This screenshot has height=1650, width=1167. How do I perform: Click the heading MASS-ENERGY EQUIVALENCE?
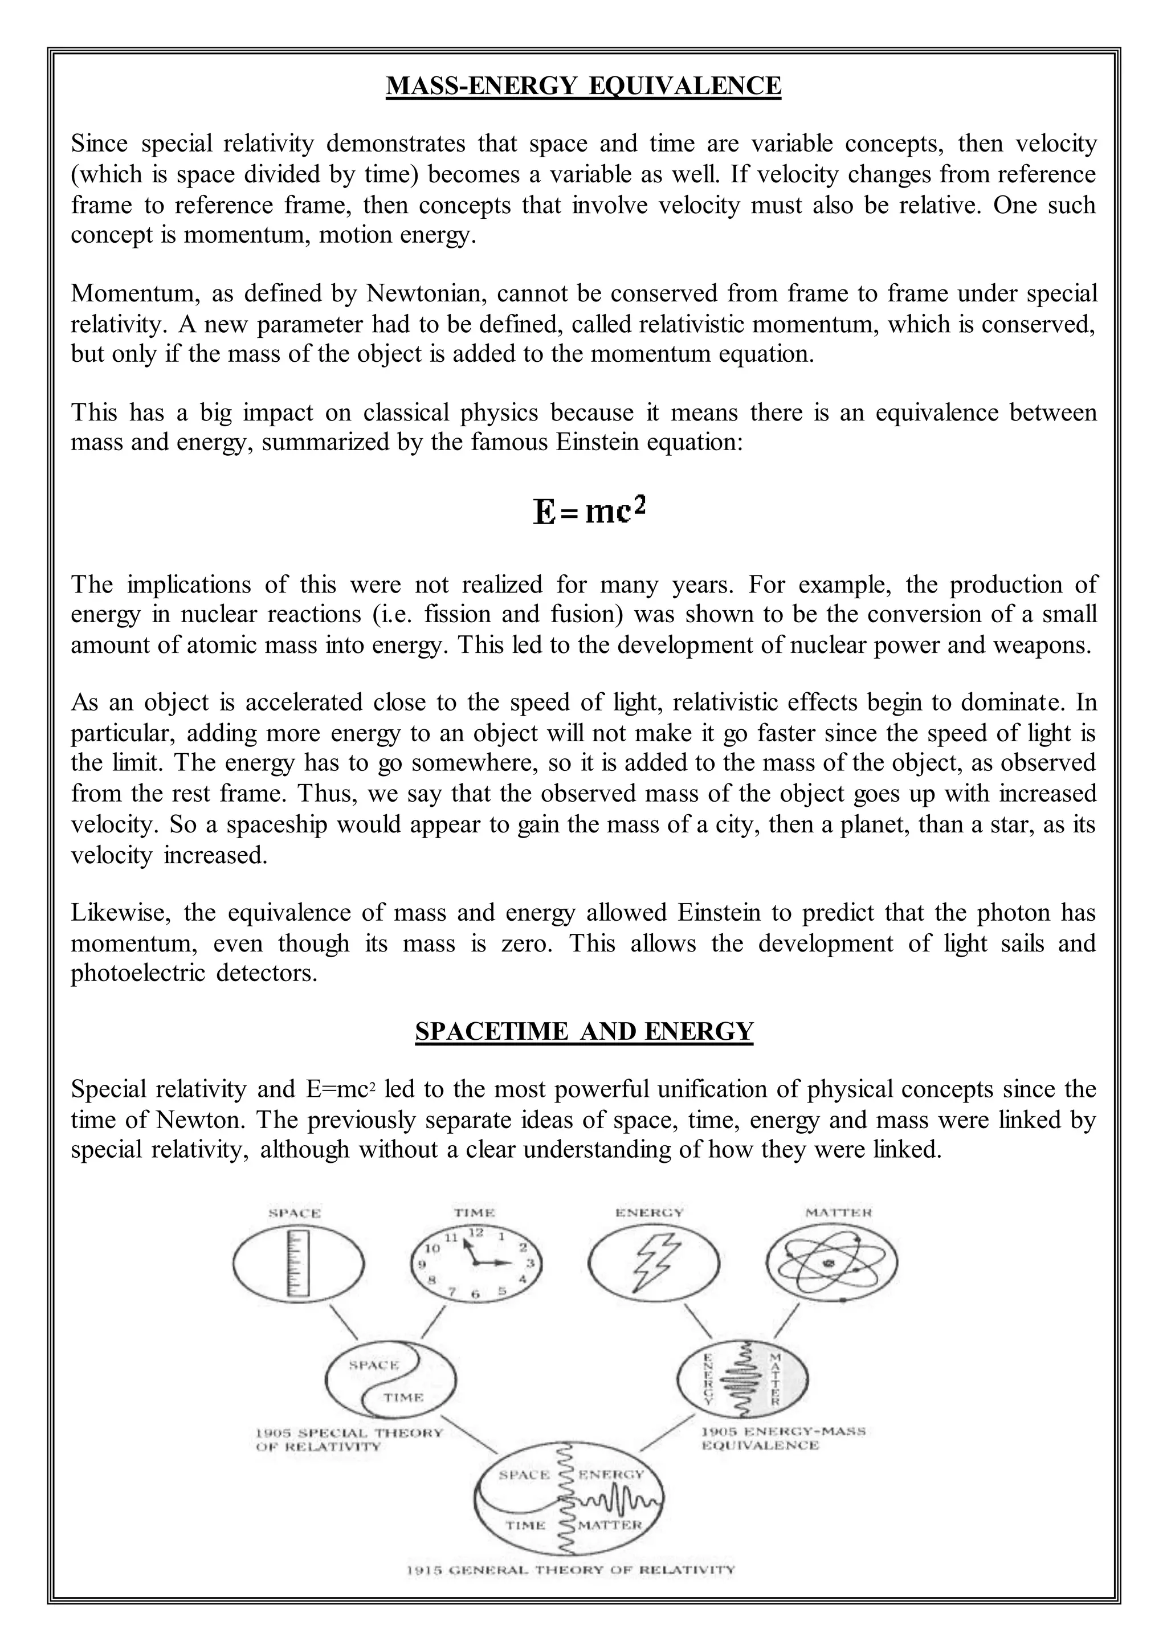[583, 85]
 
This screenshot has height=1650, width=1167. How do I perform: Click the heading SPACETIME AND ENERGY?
[583, 1031]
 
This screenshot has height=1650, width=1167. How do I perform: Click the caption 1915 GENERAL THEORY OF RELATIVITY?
[570, 1590]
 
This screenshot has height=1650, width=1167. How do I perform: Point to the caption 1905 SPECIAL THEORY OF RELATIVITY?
[349, 1439]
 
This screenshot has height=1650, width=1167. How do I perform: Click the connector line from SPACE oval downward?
[343, 1319]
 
